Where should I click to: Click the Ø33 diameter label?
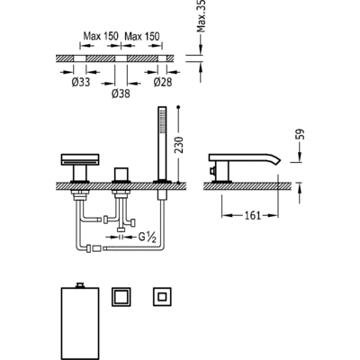click(x=81, y=82)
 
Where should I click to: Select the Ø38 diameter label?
click(x=121, y=94)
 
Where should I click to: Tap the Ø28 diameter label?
click(x=163, y=82)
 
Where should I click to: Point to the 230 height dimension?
click(x=179, y=145)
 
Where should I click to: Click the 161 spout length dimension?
click(x=253, y=215)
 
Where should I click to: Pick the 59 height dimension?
click(x=301, y=134)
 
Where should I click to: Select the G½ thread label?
click(x=148, y=238)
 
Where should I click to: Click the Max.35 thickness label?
click(x=202, y=16)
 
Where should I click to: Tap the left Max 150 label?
click(x=101, y=36)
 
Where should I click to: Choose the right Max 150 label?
click(x=142, y=36)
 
